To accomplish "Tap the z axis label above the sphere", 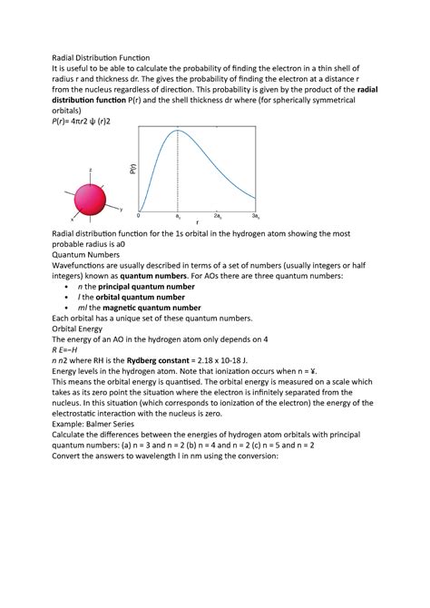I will pyautogui.click(x=90, y=170).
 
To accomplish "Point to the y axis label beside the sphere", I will pyautogui.click(x=122, y=210).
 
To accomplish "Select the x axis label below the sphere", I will pyautogui.click(x=72, y=220).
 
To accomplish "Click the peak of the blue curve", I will pyautogui.click(x=178, y=131).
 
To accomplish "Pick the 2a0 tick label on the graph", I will pyautogui.click(x=218, y=217).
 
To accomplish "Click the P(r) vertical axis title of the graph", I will pyautogui.click(x=132, y=169).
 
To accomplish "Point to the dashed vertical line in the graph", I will pyautogui.click(x=178, y=172).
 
